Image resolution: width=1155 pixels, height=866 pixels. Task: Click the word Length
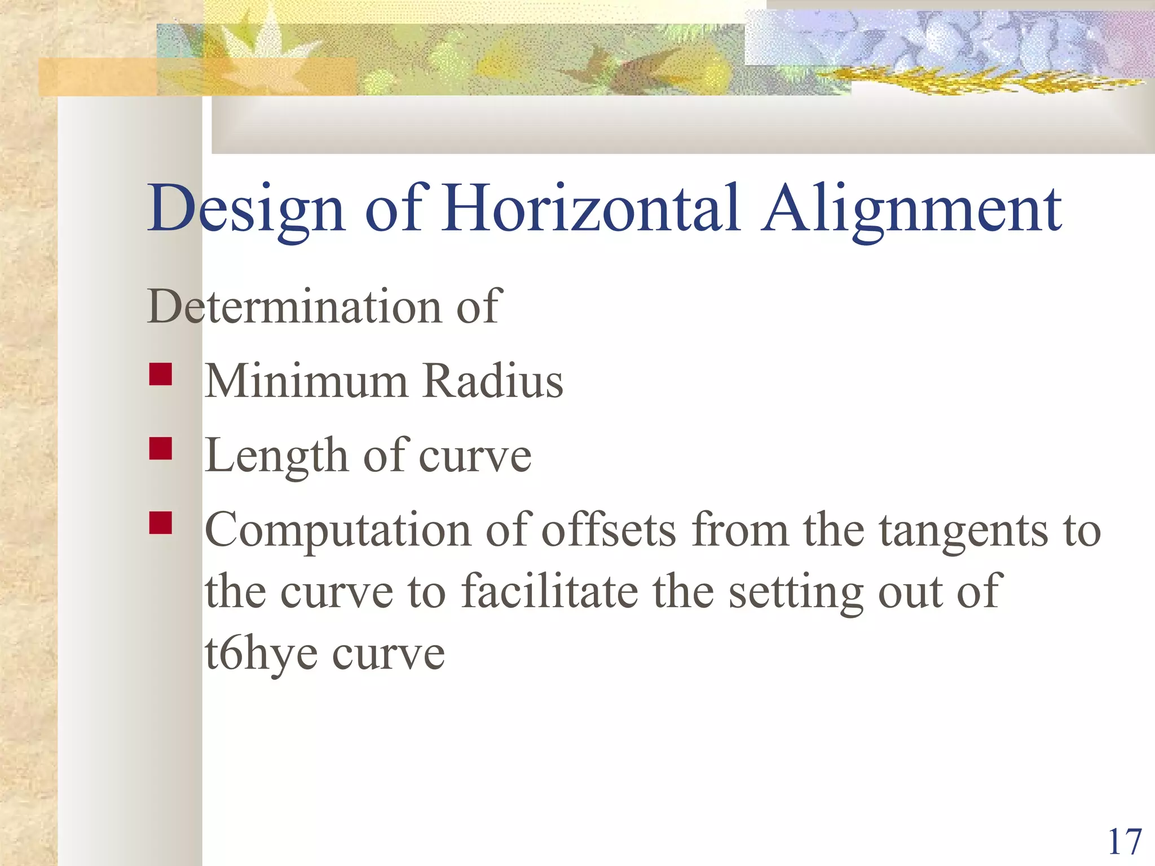click(x=276, y=456)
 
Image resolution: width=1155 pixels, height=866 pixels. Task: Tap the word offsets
click(x=609, y=530)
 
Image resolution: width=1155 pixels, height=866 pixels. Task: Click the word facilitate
click(x=550, y=591)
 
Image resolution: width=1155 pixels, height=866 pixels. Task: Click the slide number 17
click(x=1125, y=842)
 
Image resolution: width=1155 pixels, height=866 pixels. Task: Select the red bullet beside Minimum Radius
click(x=161, y=374)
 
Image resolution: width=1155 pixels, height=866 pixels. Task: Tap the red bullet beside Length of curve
click(x=161, y=449)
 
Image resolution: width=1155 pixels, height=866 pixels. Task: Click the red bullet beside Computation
click(x=161, y=523)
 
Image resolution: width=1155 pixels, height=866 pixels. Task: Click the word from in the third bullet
click(x=740, y=530)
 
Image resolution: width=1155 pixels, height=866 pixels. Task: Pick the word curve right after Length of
click(x=475, y=456)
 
